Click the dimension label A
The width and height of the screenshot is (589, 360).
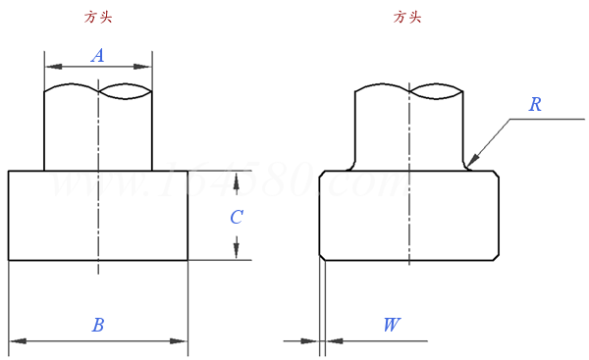click(x=97, y=56)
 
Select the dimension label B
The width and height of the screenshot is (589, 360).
click(x=97, y=325)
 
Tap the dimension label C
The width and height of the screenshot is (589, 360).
click(x=237, y=217)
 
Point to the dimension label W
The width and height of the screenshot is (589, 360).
click(x=391, y=325)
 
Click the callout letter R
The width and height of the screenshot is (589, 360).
click(x=535, y=104)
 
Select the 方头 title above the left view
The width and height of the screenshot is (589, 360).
click(x=99, y=17)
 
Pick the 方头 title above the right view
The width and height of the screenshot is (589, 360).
click(x=406, y=17)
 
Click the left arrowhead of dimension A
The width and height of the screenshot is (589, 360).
click(x=52, y=67)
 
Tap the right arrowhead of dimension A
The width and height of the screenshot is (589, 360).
click(x=144, y=67)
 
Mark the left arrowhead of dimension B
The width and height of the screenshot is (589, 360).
click(x=17, y=341)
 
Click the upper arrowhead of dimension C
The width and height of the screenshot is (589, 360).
click(x=237, y=178)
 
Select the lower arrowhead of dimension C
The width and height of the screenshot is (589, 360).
click(x=237, y=252)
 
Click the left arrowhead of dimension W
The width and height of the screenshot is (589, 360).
click(x=312, y=341)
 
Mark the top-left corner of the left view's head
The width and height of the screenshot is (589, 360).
click(x=9, y=171)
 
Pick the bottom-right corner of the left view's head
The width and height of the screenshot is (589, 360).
click(x=187, y=260)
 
